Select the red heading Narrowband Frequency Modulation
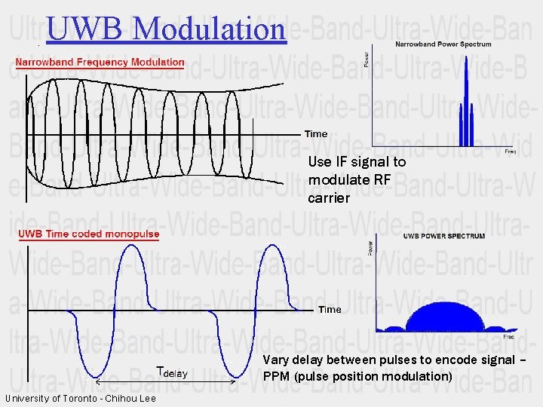click(x=100, y=62)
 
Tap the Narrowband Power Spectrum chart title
click(x=443, y=44)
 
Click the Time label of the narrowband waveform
click(x=316, y=134)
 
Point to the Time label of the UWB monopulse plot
click(x=330, y=310)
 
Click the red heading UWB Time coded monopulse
click(x=89, y=234)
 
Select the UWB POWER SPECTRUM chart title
click(x=444, y=237)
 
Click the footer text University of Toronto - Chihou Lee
click(x=80, y=399)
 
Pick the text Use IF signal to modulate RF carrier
click(x=356, y=180)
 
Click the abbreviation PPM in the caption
click(x=276, y=376)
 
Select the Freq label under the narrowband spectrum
click(x=510, y=151)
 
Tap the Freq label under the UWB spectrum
click(x=510, y=337)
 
